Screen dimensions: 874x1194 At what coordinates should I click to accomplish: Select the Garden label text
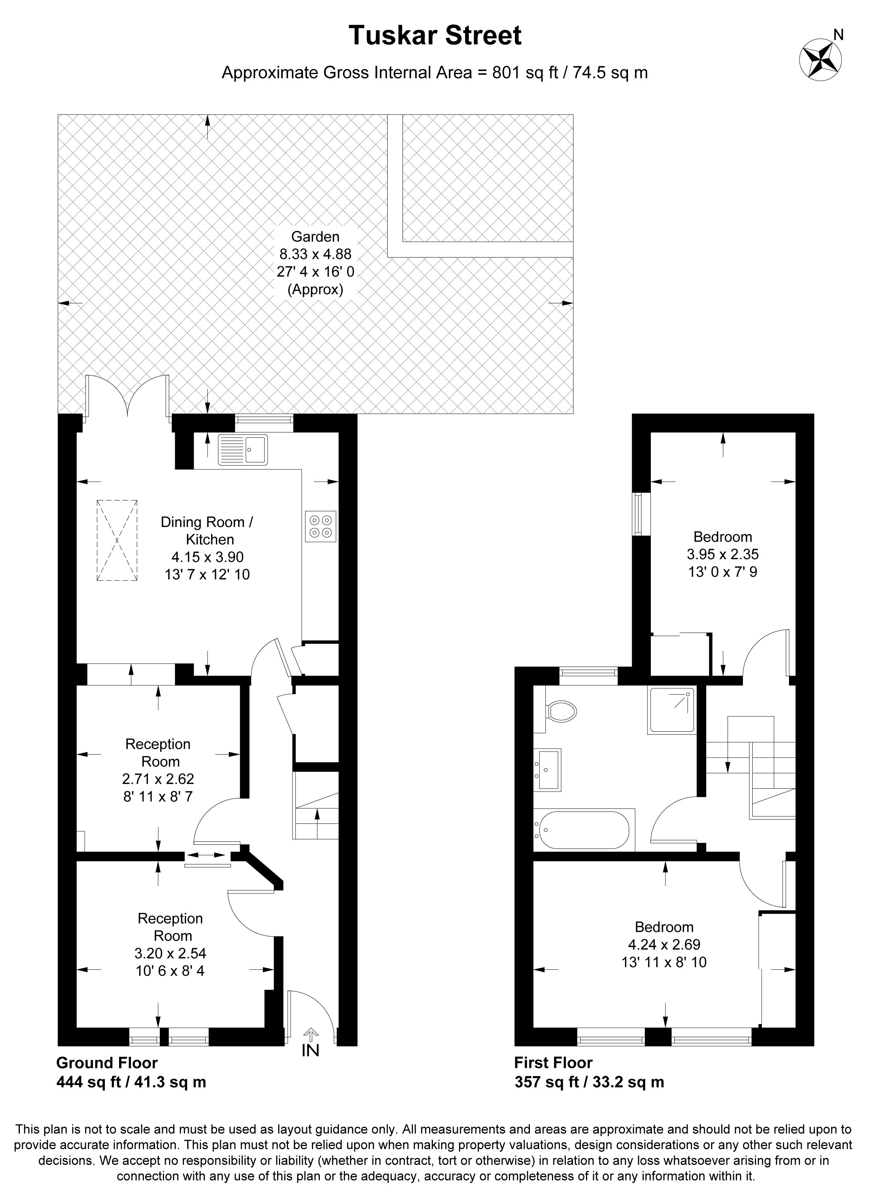coord(315,237)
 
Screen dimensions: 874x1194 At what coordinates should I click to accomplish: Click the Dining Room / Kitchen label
coord(207,531)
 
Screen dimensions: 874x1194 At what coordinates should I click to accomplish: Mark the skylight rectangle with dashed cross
coord(117,540)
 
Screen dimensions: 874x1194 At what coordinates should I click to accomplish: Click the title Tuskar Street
coord(435,36)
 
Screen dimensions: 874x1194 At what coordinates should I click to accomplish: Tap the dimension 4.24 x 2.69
coord(664,944)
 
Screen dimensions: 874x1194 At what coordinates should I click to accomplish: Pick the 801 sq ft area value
coord(525,73)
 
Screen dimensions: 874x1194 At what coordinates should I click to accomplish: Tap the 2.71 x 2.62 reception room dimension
coord(158,779)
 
